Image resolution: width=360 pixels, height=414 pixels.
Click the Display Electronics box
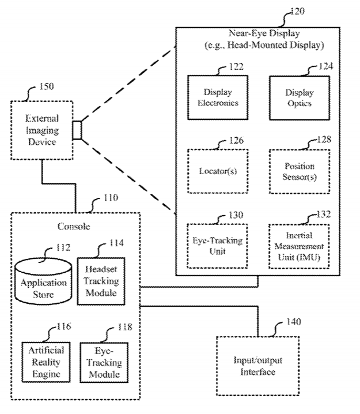tap(217, 98)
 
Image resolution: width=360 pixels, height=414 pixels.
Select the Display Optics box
tap(299, 98)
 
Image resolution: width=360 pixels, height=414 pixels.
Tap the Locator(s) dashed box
tap(217, 172)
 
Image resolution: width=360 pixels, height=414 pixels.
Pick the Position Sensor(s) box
tap(299, 172)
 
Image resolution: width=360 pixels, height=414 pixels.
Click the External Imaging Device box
tap(41, 130)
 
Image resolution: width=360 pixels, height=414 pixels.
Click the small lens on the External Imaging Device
tap(77, 130)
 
